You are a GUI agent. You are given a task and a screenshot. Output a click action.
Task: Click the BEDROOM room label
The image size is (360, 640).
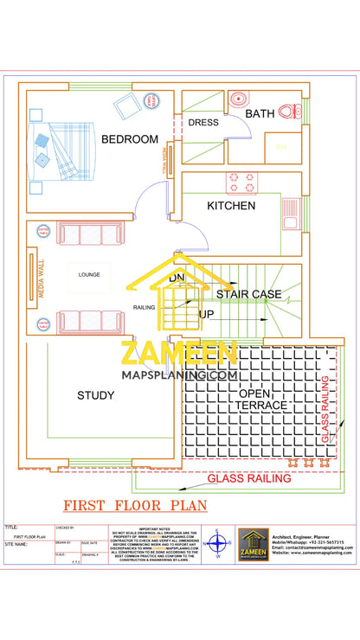coord(130,139)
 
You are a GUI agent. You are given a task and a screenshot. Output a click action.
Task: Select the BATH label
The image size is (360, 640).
coord(260,113)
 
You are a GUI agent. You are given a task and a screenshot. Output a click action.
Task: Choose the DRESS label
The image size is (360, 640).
coord(203,123)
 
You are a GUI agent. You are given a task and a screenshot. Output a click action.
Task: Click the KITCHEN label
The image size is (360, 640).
coord(231,206)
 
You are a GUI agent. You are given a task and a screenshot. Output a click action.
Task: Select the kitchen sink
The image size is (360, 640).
coord(290,211)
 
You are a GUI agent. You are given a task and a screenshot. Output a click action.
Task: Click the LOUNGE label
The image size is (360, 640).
coord(90,275)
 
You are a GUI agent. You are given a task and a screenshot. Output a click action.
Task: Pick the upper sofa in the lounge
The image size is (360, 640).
coord(80,234)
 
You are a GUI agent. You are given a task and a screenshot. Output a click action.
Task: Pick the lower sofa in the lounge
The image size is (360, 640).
coord(80,321)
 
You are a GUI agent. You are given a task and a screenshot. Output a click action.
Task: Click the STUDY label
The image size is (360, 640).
coord(96,395)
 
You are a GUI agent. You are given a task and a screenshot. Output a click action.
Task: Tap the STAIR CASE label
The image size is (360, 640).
coord(248,294)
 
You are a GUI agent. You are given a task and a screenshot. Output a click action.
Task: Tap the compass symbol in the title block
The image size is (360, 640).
coord(218,544)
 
